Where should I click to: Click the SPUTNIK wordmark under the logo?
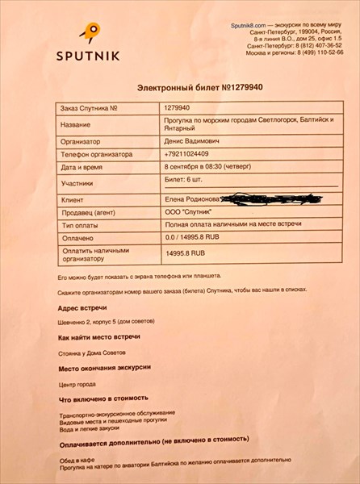(89, 55)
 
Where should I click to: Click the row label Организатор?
(84, 140)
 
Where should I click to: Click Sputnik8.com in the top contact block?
(252, 26)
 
